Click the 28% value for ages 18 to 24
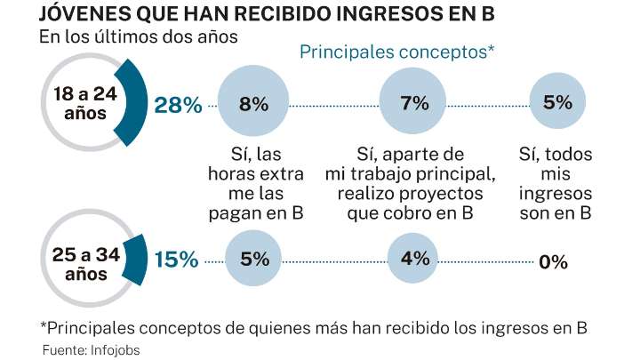[179, 105]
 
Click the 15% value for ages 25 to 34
[176, 260]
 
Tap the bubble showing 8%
[253, 104]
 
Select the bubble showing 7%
[415, 104]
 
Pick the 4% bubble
[415, 260]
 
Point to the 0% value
[553, 261]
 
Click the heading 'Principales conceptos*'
[396, 52]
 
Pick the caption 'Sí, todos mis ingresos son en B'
[556, 182]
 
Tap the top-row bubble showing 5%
[557, 102]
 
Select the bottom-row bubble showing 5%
[253, 260]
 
